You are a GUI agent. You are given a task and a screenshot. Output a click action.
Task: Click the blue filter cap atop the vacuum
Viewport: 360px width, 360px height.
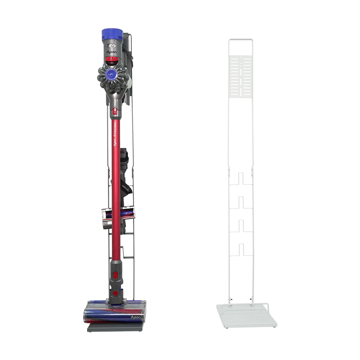coord(112,34)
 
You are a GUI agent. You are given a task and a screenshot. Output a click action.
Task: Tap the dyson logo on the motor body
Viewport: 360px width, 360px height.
coord(111,52)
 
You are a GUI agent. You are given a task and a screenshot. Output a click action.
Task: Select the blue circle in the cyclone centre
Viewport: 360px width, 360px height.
coord(111,74)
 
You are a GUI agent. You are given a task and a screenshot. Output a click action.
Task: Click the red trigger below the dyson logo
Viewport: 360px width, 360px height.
coord(112,61)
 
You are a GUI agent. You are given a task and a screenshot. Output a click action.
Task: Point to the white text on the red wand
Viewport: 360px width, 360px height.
coord(115,134)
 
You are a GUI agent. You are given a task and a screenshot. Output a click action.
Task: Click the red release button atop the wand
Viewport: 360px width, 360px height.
coord(115,112)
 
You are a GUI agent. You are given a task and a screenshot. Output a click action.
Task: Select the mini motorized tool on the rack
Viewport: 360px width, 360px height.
coord(118,217)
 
